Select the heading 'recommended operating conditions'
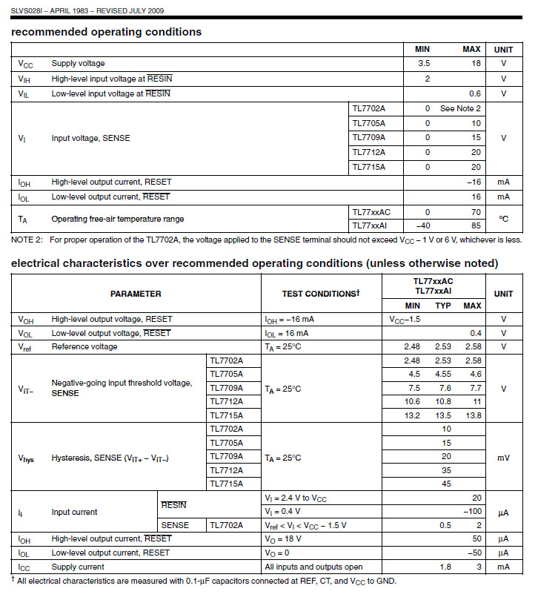(106, 32)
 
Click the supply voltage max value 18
(475, 64)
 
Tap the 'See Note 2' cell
(460, 108)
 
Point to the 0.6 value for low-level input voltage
(474, 93)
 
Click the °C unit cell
(503, 219)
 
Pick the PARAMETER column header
(136, 294)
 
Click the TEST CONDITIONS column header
(320, 294)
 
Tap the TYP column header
(443, 306)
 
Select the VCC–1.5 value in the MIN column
(405, 319)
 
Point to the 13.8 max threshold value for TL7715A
(471, 416)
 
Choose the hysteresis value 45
(446, 484)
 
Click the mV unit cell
(503, 458)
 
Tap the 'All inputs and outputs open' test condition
(312, 567)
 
